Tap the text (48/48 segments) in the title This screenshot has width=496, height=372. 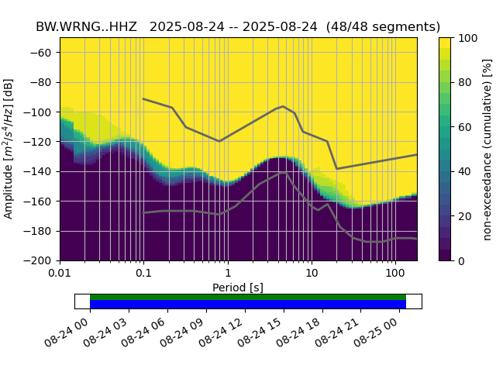point(383,26)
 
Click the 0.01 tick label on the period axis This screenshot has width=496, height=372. point(60,274)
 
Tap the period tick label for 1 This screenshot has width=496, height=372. point(227,274)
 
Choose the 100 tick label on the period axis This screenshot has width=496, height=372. point(395,274)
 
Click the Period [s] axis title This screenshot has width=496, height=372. point(238,288)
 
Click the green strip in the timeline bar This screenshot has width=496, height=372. point(248,297)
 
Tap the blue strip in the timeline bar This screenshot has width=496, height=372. point(248,304)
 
